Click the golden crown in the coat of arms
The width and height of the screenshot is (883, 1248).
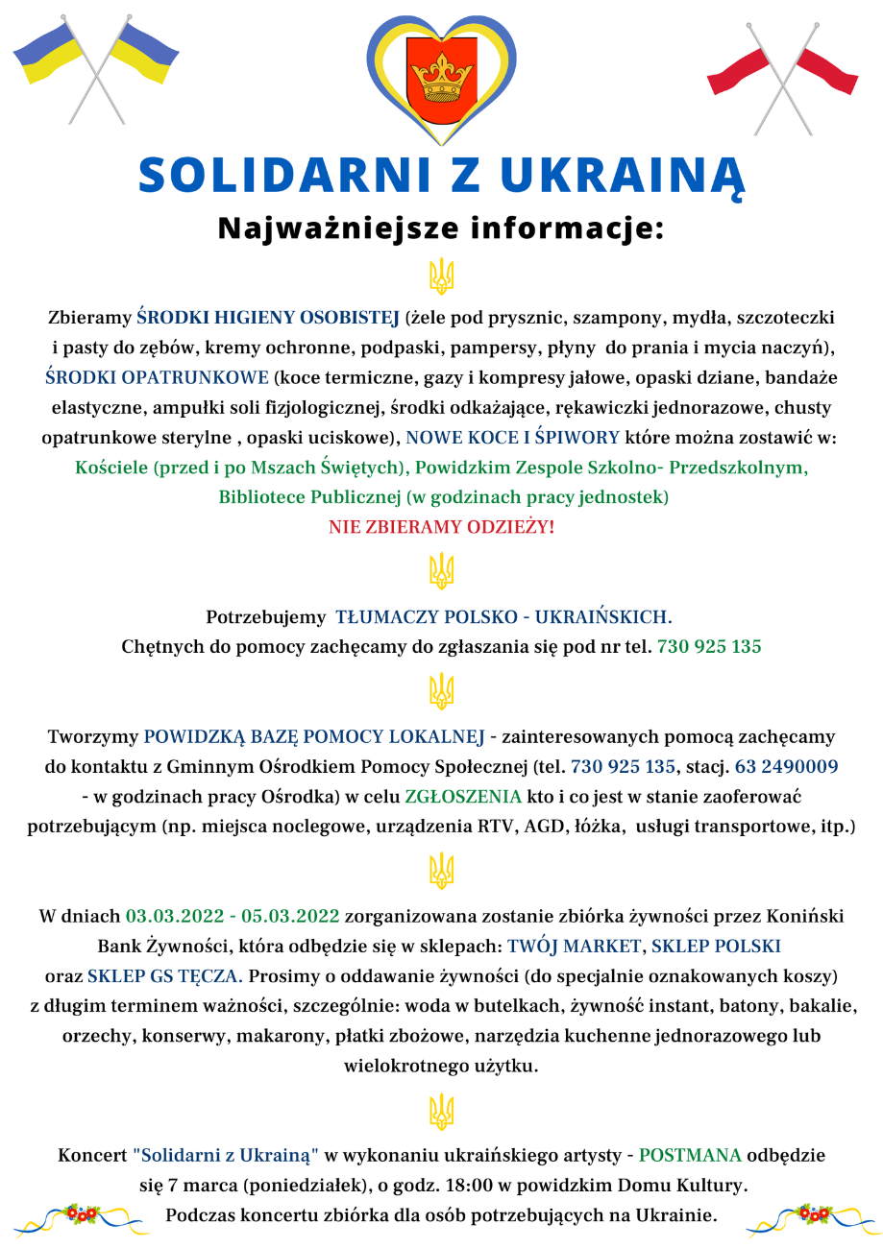click(x=441, y=70)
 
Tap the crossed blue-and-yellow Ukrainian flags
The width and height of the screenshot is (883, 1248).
click(x=96, y=65)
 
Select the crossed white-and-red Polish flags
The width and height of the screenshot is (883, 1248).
click(x=783, y=73)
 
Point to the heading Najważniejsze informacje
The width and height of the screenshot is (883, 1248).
click(x=441, y=228)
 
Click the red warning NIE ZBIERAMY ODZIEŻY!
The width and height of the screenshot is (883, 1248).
click(x=441, y=527)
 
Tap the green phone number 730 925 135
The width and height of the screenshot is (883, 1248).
click(x=709, y=647)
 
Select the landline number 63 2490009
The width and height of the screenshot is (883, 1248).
click(x=787, y=767)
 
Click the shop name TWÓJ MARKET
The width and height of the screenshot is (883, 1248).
click(x=574, y=947)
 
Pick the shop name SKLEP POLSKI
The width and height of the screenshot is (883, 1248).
click(x=716, y=947)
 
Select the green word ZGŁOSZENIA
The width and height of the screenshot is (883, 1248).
click(x=462, y=797)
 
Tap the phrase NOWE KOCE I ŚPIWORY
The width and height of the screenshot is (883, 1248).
click(x=513, y=438)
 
